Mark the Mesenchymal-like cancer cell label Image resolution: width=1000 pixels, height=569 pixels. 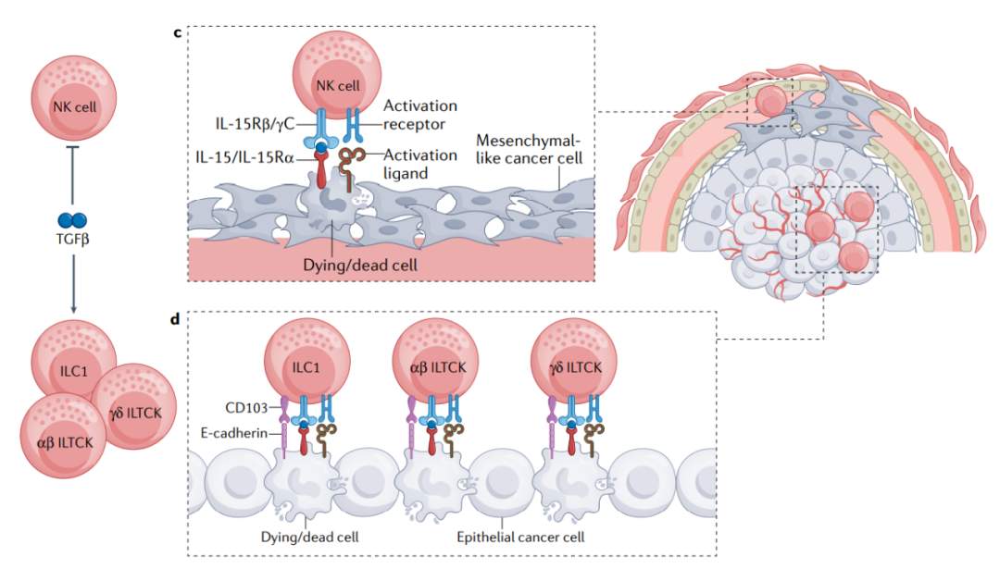[x=530, y=148]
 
